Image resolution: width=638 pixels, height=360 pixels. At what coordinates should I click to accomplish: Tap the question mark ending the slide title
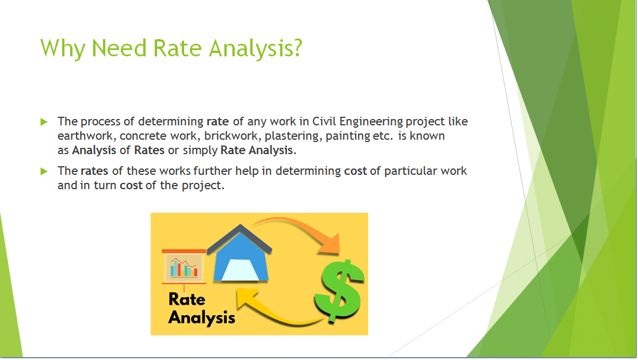pyautogui.click(x=296, y=48)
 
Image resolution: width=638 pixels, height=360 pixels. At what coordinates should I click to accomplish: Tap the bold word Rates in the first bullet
pyautogui.click(x=149, y=151)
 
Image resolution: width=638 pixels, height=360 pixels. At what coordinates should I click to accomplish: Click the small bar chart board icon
pyautogui.click(x=184, y=266)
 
